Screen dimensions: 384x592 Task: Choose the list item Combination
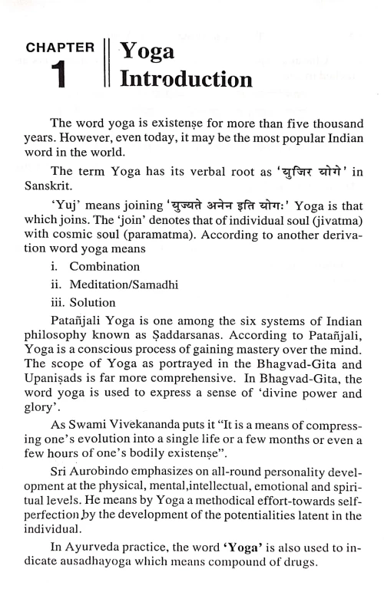click(x=104, y=288)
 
